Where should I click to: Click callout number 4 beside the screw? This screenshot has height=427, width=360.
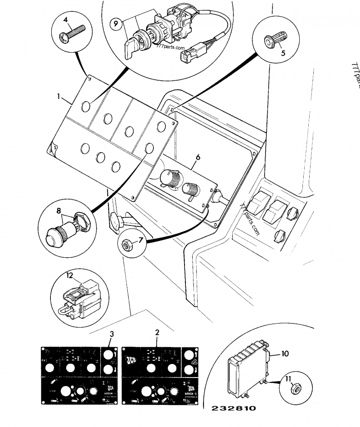click(x=66, y=20)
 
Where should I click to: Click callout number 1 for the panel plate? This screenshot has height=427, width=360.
click(x=58, y=96)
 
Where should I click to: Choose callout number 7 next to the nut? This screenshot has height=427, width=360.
click(x=141, y=240)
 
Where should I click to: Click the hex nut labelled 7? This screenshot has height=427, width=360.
click(x=126, y=246)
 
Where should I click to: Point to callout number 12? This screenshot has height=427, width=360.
click(x=70, y=274)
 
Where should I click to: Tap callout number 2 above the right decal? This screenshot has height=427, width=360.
click(x=157, y=333)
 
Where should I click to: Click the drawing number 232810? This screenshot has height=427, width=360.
click(x=234, y=409)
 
